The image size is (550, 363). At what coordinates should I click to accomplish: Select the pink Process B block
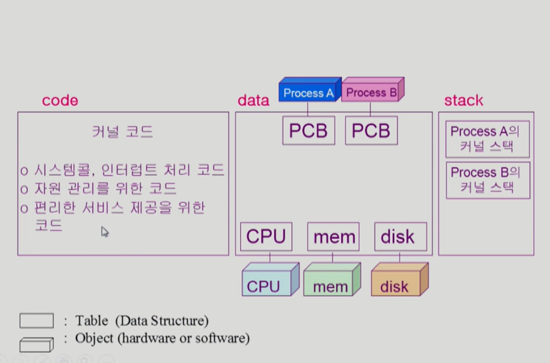pyautogui.click(x=372, y=92)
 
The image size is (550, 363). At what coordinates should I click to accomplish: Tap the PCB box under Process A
pyautogui.click(x=309, y=131)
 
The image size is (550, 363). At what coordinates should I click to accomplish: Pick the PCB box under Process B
pyautogui.click(x=371, y=131)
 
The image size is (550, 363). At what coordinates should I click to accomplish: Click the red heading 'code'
pyautogui.click(x=60, y=100)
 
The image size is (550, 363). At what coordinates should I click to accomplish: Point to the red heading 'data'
pyautogui.click(x=253, y=100)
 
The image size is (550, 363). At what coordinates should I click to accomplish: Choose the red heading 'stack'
pyautogui.click(x=463, y=100)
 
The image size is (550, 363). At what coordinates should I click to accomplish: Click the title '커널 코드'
pyautogui.click(x=123, y=132)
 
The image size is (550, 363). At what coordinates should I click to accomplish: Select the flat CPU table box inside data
pyautogui.click(x=266, y=236)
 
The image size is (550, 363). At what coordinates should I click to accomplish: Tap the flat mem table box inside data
pyautogui.click(x=333, y=236)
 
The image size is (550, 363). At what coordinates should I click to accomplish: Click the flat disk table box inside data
pyautogui.click(x=400, y=236)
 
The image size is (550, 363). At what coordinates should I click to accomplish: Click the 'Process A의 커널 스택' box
pyautogui.click(x=487, y=139)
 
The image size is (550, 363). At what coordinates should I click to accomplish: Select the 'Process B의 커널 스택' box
pyautogui.click(x=487, y=180)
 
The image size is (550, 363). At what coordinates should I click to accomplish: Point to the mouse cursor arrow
pyautogui.click(x=104, y=231)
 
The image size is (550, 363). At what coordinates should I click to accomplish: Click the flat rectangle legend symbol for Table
pyautogui.click(x=36, y=321)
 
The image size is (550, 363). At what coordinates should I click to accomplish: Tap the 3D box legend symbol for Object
pyautogui.click(x=36, y=345)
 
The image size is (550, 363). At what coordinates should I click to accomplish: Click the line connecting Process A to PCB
pyautogui.click(x=308, y=109)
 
